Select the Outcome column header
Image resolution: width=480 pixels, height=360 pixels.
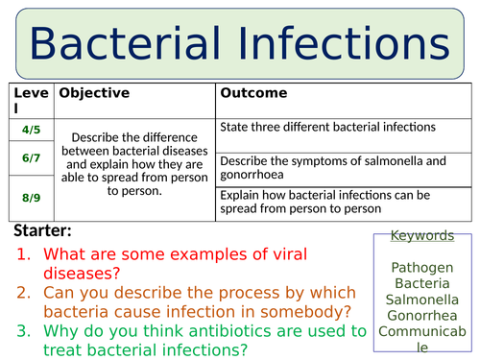[x=253, y=93]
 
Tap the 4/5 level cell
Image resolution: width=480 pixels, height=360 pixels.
[x=31, y=129]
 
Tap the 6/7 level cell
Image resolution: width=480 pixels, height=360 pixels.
[x=31, y=158]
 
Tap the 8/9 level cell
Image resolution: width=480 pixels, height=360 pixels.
[x=31, y=197]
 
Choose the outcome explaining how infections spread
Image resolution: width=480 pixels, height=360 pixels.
[x=325, y=201]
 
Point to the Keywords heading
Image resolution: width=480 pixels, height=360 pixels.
[x=422, y=235]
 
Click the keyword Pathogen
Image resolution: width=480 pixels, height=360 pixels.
[x=422, y=269]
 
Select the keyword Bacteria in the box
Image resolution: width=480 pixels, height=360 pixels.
[x=422, y=285]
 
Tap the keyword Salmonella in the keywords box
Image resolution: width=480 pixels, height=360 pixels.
[x=422, y=300]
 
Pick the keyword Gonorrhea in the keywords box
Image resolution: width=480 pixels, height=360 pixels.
[x=422, y=316]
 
